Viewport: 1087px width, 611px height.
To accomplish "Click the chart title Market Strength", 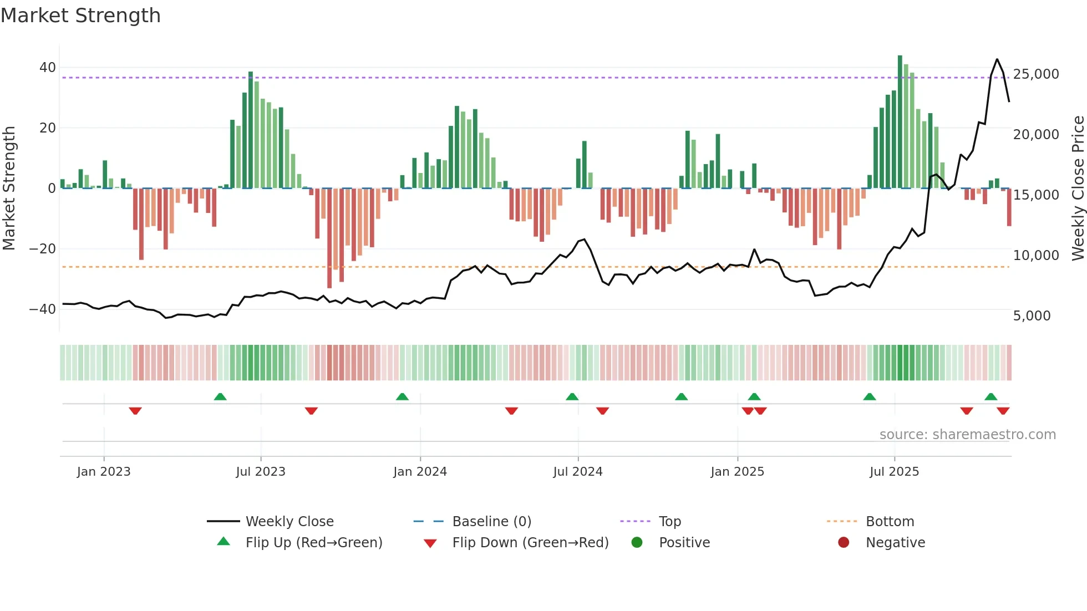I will point(80,16).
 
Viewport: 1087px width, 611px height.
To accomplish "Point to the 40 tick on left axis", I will point(47,68).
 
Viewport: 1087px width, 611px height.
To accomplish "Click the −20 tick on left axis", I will point(43,249).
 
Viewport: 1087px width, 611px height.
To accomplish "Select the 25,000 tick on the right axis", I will point(1035,74).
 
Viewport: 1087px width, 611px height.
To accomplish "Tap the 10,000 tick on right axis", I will point(1035,256).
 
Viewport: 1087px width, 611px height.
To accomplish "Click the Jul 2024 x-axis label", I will point(577,472).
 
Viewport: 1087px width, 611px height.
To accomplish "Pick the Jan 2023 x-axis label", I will point(104,472).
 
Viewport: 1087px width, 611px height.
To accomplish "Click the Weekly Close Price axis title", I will point(1078,188).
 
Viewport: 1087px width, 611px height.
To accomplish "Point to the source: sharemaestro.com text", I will point(967,435).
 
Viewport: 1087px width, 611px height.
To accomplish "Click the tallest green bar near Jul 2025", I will point(900,122).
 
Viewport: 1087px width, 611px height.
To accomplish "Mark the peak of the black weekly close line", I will point(997,59).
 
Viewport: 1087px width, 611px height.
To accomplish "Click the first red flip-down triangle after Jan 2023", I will point(135,411).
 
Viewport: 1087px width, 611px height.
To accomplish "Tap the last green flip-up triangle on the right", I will point(991,396).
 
